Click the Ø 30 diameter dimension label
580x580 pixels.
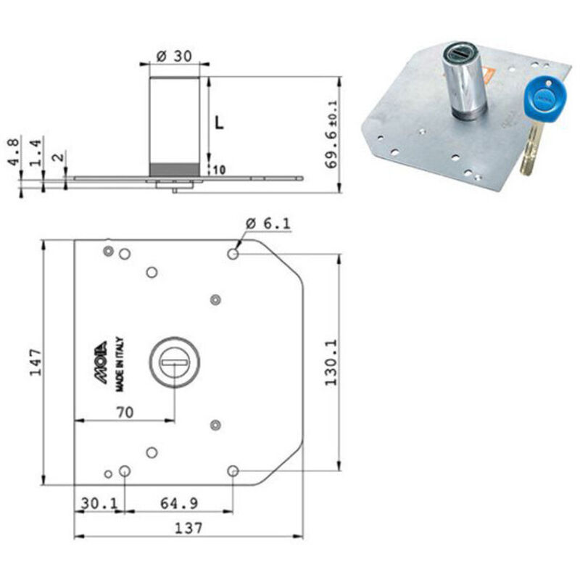[x=174, y=57]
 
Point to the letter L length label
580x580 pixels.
[x=220, y=123]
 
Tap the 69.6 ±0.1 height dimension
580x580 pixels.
[x=331, y=134]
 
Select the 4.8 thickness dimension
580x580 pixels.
[x=14, y=152]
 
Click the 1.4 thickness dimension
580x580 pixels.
[x=36, y=153]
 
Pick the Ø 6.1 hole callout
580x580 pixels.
[x=268, y=223]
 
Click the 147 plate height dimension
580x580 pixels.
[x=36, y=362]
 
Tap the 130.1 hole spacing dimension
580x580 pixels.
[x=331, y=362]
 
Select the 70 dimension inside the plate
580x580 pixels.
[x=125, y=412]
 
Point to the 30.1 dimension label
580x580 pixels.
[x=99, y=503]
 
